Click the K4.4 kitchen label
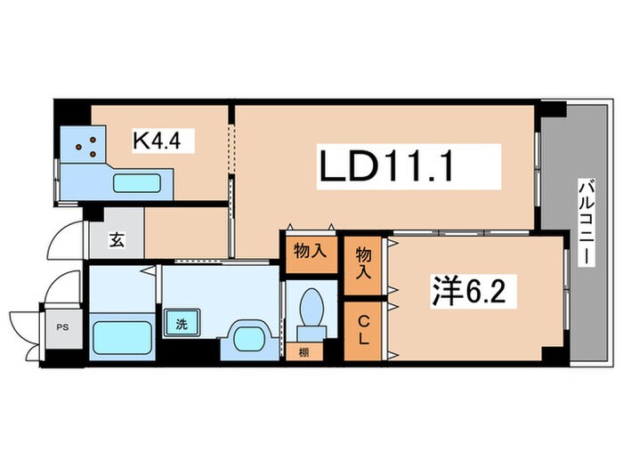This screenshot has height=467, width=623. pos(157,141)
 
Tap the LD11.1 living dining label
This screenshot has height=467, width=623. pos(386,166)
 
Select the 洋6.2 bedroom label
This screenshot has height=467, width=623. pos(469,292)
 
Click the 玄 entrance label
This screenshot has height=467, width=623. pos(117,240)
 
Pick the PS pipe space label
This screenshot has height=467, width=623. pos(62,327)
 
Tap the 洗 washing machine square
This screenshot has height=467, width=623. pos(182,324)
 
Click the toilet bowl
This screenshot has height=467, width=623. pos(311,307)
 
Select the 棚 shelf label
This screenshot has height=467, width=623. pos(304,352)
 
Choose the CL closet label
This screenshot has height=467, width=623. pos(363,330)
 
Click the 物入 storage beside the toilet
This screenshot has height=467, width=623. pos(311,251)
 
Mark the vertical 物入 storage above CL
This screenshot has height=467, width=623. pos(363,262)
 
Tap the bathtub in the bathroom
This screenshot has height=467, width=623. pos(123,337)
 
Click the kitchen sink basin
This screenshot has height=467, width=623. pos(137,183)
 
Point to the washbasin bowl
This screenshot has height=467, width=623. pos(249,339)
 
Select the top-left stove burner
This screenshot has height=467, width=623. pos(78,147)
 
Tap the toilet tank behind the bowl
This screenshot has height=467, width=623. pos(311,333)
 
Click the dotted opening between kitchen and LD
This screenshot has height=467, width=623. pos(231,149)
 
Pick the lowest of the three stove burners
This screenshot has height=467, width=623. pos(93,154)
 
